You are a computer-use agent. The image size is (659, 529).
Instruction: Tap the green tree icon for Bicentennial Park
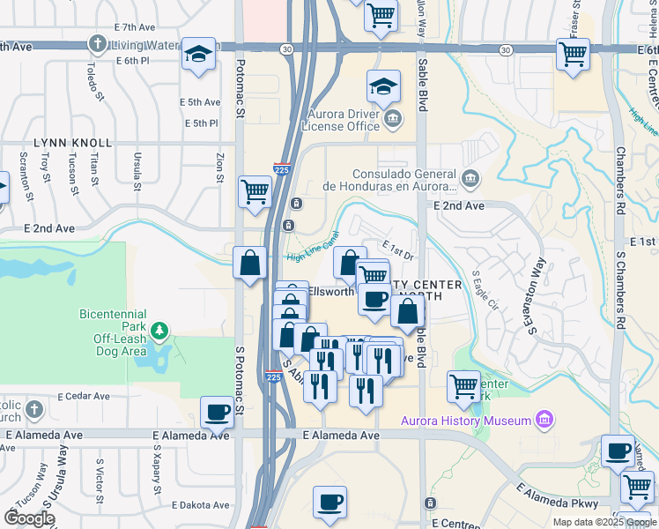pyautogui.click(x=159, y=332)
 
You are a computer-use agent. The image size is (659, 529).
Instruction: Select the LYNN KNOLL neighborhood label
pyautogui.click(x=73, y=143)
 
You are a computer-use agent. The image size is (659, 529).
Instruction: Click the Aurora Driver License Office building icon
pyautogui.click(x=393, y=118)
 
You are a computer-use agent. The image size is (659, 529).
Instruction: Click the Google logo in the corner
pyautogui.click(x=29, y=518)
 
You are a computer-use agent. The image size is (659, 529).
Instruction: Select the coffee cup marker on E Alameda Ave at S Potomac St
pyautogui.click(x=217, y=412)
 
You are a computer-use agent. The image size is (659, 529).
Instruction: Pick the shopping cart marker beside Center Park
pyautogui.click(x=463, y=385)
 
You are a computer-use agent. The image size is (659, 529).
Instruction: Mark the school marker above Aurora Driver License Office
pyautogui.click(x=383, y=86)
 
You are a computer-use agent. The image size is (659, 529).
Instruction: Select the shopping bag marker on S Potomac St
pyautogui.click(x=250, y=262)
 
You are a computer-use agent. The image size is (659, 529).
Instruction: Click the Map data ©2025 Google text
pyautogui.click(x=603, y=522)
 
